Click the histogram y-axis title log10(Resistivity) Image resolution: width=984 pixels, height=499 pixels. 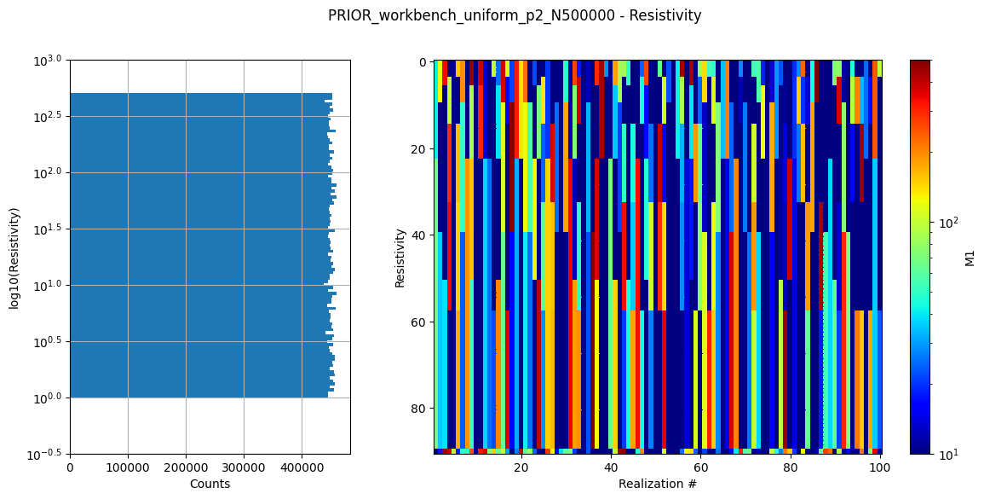[14, 257]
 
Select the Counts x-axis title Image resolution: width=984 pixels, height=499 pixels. [210, 484]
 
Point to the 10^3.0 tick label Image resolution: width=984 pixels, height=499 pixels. [49, 61]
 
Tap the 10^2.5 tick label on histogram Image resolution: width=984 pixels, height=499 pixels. [49, 117]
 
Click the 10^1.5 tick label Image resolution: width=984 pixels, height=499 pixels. [49, 229]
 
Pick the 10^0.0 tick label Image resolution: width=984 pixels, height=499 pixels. [49, 398]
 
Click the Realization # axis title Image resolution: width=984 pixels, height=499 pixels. [658, 484]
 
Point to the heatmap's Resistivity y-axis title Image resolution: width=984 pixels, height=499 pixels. [400, 257]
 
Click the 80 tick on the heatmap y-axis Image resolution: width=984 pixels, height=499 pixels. [420, 409]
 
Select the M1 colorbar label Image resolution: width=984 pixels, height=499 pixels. [970, 257]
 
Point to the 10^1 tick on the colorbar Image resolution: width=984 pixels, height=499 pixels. [947, 454]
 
